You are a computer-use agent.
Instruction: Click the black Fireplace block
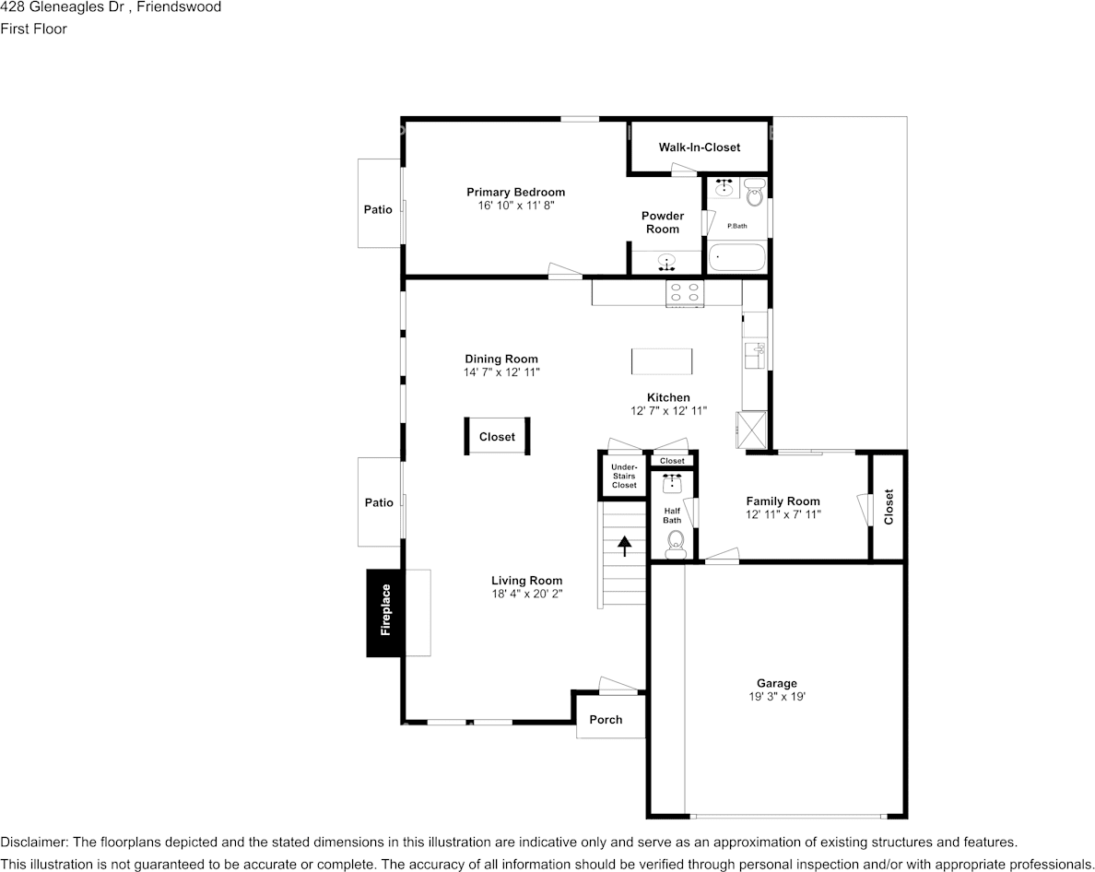(x=385, y=613)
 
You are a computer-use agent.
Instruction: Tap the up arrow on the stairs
(x=624, y=546)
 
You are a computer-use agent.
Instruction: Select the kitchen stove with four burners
(x=684, y=292)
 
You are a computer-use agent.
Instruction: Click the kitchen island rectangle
(x=662, y=361)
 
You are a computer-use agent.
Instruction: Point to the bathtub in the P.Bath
(x=737, y=257)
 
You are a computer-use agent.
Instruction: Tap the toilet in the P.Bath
(x=754, y=193)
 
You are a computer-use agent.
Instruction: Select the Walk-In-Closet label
(x=699, y=147)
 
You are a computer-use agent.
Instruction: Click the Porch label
(x=606, y=720)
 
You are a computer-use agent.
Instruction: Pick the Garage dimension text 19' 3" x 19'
(x=777, y=696)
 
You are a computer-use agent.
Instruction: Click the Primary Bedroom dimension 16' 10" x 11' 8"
(x=516, y=206)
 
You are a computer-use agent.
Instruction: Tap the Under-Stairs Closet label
(x=624, y=477)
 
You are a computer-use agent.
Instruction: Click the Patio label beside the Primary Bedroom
(x=378, y=209)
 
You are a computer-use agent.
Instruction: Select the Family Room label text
(x=783, y=501)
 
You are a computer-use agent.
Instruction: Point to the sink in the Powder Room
(x=667, y=263)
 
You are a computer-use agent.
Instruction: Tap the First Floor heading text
(x=33, y=29)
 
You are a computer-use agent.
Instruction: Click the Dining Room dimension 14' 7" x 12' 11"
(x=501, y=372)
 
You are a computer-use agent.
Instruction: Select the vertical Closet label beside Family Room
(x=889, y=507)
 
